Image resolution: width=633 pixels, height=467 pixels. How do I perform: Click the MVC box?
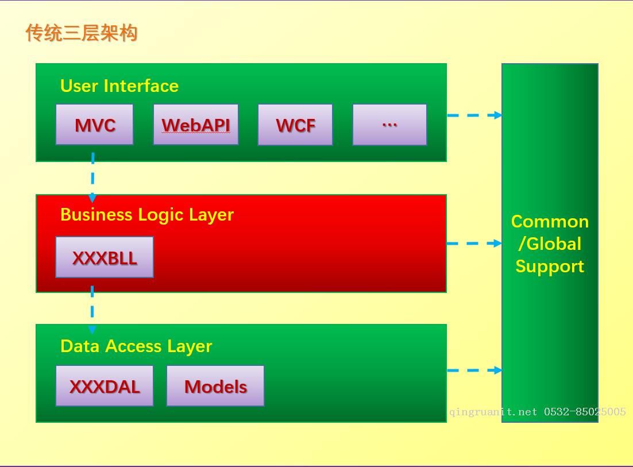click(95, 125)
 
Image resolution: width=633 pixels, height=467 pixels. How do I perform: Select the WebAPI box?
click(196, 125)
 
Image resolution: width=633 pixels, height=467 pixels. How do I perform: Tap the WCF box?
click(295, 125)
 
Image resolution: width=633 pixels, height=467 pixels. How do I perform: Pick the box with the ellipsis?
click(389, 125)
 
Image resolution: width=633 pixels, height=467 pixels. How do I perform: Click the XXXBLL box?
click(105, 257)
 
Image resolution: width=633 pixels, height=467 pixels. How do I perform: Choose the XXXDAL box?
click(105, 386)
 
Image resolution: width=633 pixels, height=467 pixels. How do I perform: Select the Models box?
click(215, 386)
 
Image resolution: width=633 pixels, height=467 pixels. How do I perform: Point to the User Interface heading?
click(119, 86)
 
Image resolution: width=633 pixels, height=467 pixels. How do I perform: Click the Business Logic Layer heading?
click(147, 215)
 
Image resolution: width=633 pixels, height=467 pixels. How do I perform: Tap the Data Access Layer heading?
click(136, 346)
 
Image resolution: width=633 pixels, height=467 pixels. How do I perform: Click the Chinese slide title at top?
click(82, 33)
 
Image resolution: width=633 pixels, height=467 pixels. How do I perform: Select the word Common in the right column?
click(550, 222)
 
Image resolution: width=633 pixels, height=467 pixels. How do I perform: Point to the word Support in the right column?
click(550, 267)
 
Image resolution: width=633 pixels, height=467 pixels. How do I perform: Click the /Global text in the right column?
click(550, 244)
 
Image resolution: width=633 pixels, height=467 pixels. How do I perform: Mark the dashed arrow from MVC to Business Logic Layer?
click(92, 177)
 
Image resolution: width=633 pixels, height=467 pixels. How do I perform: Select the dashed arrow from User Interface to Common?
click(474, 115)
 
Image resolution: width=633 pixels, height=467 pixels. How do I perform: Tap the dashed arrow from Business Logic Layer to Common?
click(474, 244)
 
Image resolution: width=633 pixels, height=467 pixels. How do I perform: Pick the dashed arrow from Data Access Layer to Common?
click(474, 370)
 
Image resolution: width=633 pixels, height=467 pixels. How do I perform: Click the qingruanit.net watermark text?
click(538, 412)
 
